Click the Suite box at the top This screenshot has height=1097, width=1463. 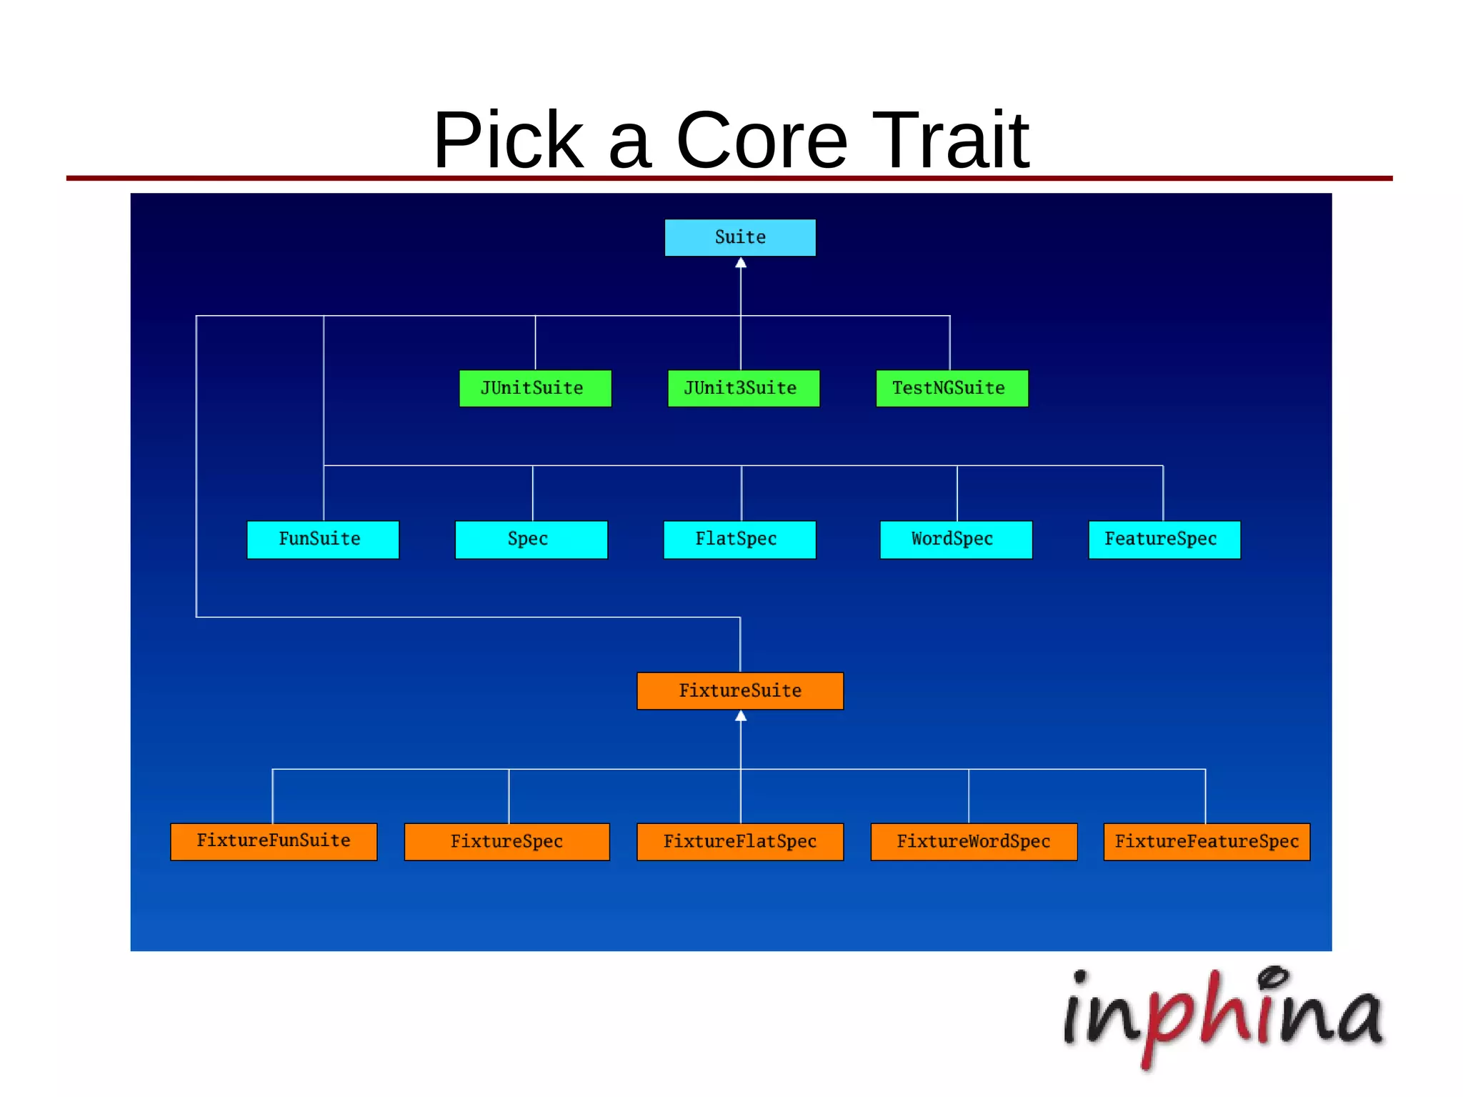[740, 237]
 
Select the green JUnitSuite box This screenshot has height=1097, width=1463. [535, 388]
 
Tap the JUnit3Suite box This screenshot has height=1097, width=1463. [743, 388]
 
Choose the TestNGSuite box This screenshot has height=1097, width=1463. [952, 388]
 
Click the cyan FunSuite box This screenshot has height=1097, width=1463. [323, 540]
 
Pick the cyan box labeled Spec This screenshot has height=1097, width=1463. [531, 540]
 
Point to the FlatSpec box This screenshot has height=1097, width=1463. [739, 540]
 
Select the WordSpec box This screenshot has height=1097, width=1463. [956, 540]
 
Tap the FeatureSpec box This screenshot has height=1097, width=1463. [1164, 540]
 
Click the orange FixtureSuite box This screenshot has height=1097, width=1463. [740, 691]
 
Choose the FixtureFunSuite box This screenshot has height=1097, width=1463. [274, 842]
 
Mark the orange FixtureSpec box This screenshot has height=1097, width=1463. [507, 842]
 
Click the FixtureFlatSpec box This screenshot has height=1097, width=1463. [740, 842]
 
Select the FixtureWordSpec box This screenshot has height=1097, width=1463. [974, 842]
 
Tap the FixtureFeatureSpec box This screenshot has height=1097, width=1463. [1207, 842]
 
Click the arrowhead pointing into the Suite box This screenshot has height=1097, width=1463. [741, 263]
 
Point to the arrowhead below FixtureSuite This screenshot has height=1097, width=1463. [741, 716]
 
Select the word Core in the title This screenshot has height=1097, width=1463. [762, 140]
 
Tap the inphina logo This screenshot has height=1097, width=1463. [1223, 1015]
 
